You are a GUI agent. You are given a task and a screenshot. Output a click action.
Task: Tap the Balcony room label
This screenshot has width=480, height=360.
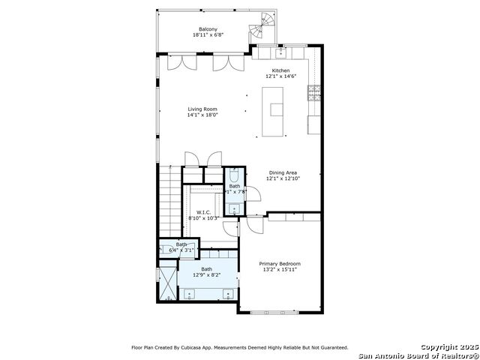tap(198, 29)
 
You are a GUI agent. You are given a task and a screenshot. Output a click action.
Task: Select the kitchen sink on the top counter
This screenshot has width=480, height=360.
tap(280, 53)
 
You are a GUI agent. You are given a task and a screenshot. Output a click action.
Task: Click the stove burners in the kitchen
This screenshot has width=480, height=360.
tap(313, 94)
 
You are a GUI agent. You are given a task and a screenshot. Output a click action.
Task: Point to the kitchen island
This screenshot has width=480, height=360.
tap(274, 112)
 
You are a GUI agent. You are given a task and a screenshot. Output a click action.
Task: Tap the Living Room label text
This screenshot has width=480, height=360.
tap(202, 109)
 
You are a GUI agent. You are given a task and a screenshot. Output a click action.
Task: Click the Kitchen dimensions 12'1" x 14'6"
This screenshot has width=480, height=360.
tap(280, 76)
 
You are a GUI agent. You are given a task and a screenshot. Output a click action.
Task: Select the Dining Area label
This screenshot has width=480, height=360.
tap(283, 172)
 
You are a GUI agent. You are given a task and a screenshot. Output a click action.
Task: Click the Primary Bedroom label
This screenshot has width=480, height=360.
tap(280, 263)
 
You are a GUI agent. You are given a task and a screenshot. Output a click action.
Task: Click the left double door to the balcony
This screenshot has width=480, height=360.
tap(174, 63)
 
